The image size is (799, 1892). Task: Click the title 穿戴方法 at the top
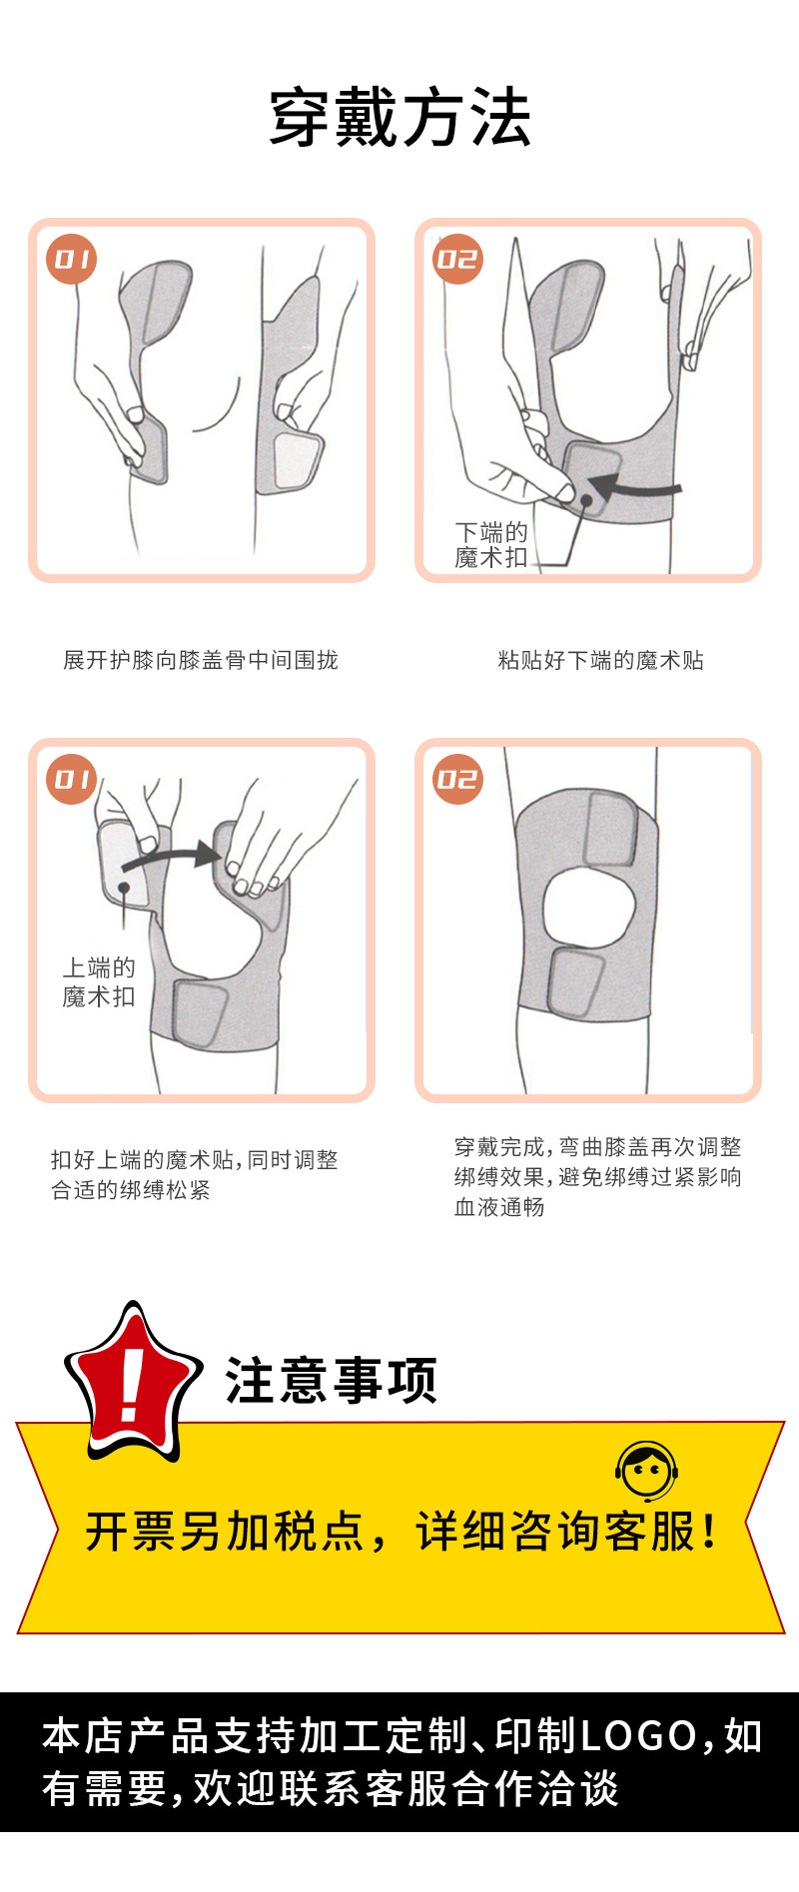point(399,119)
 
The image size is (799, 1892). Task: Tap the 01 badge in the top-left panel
point(72,260)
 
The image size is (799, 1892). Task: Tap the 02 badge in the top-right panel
point(458,260)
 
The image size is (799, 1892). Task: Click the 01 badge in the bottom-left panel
point(72,779)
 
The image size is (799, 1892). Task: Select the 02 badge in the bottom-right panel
point(458,779)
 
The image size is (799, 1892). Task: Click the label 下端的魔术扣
point(490,544)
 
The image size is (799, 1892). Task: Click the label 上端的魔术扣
point(98,981)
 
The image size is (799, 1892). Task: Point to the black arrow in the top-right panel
point(633,489)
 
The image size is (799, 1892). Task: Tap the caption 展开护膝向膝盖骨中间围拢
point(201,660)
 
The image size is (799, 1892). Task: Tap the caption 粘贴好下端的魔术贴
point(600,660)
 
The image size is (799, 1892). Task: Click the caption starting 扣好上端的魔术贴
point(194,1174)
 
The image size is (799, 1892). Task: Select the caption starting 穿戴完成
point(597,1176)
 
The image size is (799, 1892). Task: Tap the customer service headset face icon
point(646,1471)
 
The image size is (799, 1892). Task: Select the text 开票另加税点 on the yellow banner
point(225,1532)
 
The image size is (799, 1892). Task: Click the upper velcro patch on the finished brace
point(610,828)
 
